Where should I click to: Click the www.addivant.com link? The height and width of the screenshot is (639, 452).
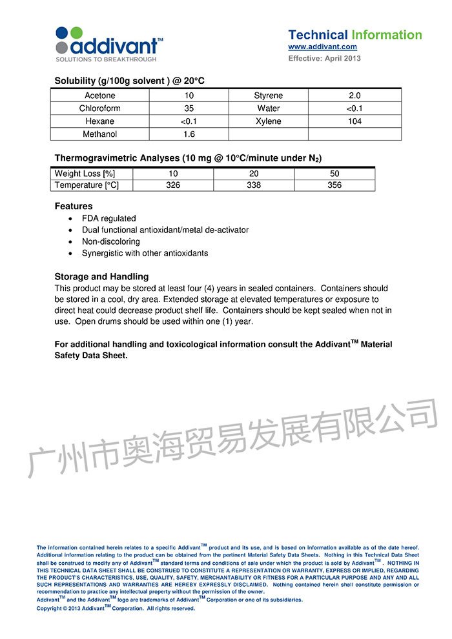[x=322, y=47]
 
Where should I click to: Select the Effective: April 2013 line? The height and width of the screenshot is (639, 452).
[x=324, y=59]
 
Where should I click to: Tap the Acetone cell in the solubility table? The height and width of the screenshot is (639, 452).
[x=100, y=96]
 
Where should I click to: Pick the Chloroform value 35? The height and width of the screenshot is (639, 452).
[x=189, y=108]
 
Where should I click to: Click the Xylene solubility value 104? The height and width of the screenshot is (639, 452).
[x=354, y=121]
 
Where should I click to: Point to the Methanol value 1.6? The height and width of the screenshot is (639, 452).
[x=189, y=134]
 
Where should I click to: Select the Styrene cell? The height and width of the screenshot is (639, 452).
[x=268, y=96]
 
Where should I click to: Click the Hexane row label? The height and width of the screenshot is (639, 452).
[x=100, y=121]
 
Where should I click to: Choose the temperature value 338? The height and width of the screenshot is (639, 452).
[x=254, y=185]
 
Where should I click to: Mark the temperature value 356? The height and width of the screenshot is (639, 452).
[x=334, y=185]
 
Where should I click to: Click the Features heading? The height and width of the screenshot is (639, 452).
[x=74, y=207]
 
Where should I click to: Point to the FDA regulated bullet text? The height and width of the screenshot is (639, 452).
[x=109, y=219]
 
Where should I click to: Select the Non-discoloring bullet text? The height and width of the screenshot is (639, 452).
[x=111, y=242]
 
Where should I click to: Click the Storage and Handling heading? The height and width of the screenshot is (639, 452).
[x=101, y=277]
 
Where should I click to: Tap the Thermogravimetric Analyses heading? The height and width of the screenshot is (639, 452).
[x=188, y=158]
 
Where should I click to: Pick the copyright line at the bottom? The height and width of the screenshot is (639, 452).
[x=116, y=609]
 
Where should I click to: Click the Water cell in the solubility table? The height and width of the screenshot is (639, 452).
[x=268, y=108]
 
